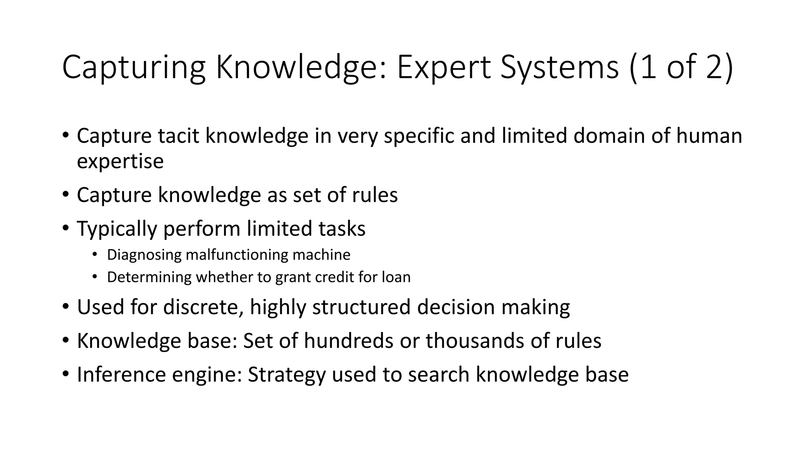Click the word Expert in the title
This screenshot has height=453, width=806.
[x=444, y=68]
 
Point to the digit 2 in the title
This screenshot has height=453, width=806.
[x=715, y=68]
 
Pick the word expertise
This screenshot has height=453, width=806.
[x=120, y=162]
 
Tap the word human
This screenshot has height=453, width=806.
[x=709, y=136]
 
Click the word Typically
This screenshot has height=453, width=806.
[x=116, y=229]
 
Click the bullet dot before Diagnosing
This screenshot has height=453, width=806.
[x=94, y=254]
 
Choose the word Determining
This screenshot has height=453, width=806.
[x=149, y=277]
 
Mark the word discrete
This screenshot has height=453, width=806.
[x=203, y=307]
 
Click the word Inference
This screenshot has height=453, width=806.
[x=121, y=375]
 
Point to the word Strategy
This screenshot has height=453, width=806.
[x=287, y=375]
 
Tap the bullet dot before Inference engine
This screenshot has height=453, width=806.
[x=65, y=374]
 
